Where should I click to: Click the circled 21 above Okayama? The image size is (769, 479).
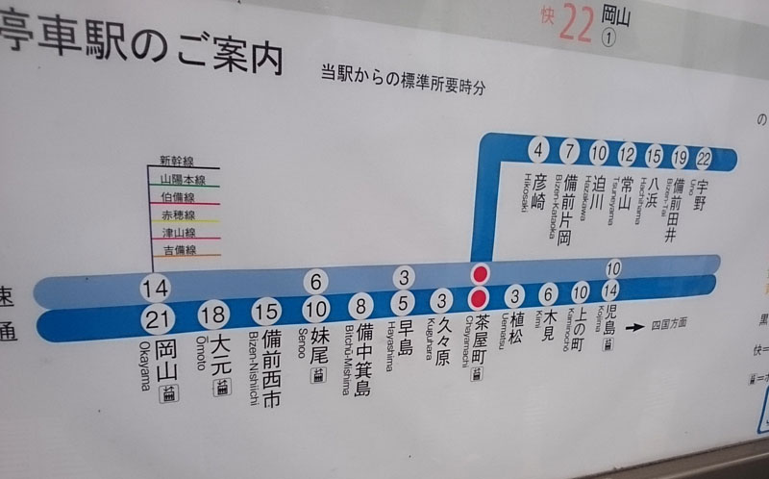(160, 320)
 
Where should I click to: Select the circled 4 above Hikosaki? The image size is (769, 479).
(538, 149)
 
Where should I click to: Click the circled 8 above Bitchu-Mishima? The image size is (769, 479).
(361, 308)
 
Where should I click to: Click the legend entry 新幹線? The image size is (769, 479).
(177, 162)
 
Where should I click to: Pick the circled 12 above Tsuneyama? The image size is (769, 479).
(627, 154)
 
